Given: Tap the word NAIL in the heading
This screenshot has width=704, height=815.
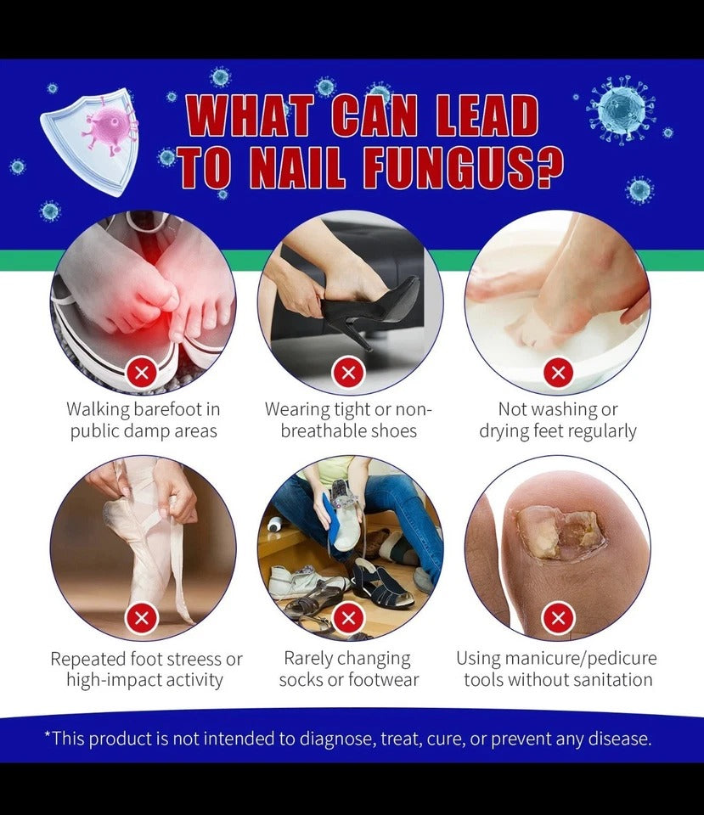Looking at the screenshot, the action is [297, 168].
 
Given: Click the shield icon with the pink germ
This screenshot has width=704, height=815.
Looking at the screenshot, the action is [92, 140].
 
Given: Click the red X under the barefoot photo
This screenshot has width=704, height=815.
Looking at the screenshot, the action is [142, 373].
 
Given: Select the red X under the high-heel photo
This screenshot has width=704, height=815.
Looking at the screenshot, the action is [348, 373].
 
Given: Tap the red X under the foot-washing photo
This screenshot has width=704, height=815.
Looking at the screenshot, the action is [558, 373].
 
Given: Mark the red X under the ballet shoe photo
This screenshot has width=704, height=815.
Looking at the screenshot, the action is [142, 618].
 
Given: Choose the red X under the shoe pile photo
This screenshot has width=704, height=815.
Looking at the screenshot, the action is [348, 618].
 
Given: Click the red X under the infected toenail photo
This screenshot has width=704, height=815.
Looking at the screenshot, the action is [558, 618].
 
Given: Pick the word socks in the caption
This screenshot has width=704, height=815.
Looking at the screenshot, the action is [301, 680].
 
